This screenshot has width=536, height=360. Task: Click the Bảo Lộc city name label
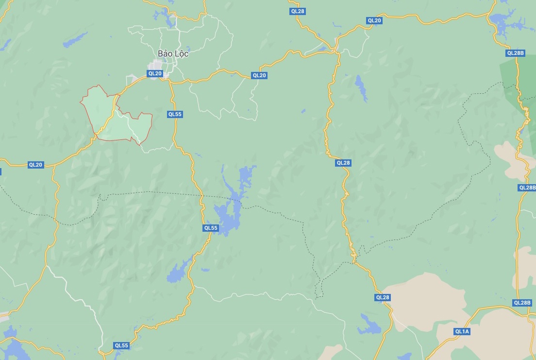pyautogui.click(x=173, y=53)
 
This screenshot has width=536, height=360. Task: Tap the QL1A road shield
pyautogui.click(x=462, y=331)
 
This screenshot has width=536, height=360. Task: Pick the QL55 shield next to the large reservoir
pyautogui.click(x=211, y=228)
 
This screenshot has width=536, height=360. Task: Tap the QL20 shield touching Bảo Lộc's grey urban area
pyautogui.click(x=155, y=73)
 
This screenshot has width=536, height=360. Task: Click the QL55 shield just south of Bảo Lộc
pyautogui.click(x=174, y=114)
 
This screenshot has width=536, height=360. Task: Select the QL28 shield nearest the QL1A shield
pyautogui.click(x=383, y=297)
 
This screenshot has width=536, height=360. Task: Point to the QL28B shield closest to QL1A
pyautogui.click(x=522, y=303)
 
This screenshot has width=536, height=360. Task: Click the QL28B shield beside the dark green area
pyautogui.click(x=515, y=53)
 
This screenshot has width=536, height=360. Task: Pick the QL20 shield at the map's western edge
pyautogui.click(x=35, y=165)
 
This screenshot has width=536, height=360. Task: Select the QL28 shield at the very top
pyautogui.click(x=297, y=11)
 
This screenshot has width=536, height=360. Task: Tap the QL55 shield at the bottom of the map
pyautogui.click(x=121, y=345)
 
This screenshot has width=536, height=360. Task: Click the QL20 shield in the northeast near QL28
pyautogui.click(x=374, y=20)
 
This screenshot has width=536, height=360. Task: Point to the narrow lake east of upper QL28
pyautogui.click(x=361, y=87)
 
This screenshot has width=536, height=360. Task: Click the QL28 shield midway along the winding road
pyautogui.click(x=343, y=163)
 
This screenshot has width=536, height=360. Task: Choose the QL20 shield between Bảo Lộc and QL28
pyautogui.click(x=259, y=75)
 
